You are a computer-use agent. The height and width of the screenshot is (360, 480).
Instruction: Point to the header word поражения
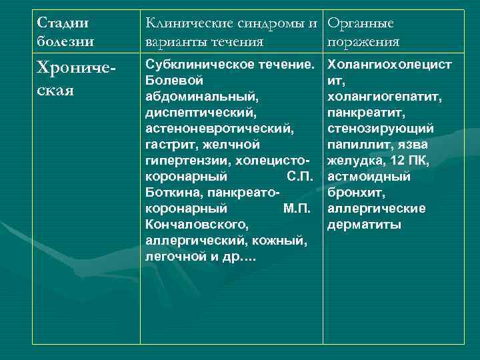click(364, 42)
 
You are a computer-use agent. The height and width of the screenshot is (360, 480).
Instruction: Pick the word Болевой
click(173, 81)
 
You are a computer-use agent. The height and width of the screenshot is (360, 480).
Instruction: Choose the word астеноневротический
click(219, 129)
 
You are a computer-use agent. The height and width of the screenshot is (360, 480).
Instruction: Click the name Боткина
click(173, 193)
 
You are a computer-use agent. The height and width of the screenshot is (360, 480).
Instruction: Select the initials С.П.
click(298, 177)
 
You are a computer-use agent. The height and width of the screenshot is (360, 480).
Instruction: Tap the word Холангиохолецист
click(389, 65)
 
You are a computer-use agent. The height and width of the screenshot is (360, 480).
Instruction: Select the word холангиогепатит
click(385, 97)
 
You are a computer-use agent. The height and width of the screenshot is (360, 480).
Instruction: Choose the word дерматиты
click(364, 225)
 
